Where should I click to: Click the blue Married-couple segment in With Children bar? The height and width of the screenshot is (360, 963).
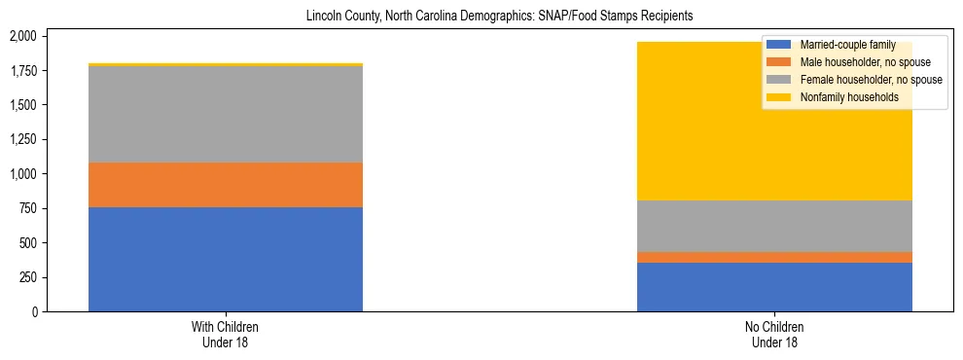click(x=226, y=259)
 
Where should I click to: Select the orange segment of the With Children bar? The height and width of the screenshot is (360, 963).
click(x=226, y=185)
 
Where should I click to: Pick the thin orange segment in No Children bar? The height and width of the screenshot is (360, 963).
click(x=774, y=257)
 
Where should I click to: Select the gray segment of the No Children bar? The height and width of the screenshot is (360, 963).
click(x=774, y=226)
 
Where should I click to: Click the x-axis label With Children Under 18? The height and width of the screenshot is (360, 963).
click(x=226, y=334)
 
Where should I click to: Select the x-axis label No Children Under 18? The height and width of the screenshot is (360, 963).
click(x=774, y=334)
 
